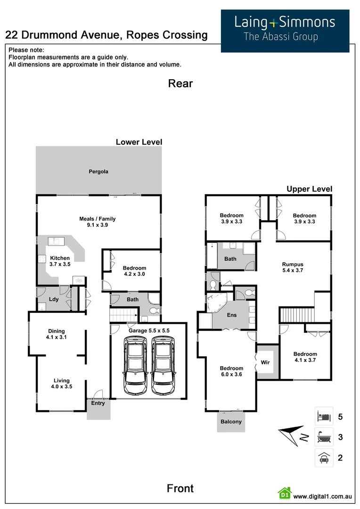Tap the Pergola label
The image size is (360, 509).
click(98, 172)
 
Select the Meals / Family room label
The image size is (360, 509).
click(97, 222)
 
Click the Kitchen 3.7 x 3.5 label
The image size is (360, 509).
click(60, 261)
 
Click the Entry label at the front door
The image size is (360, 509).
click(98, 403)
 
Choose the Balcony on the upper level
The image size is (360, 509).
click(231, 421)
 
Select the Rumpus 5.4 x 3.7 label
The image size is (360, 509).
click(293, 268)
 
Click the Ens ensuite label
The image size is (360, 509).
click(232, 315)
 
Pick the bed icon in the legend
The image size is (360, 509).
click(324, 417)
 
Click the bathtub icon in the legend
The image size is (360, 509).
click(324, 437)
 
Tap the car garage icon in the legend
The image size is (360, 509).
click(324, 457)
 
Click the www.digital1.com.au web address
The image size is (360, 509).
click(323, 496)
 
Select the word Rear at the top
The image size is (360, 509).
click(180, 84)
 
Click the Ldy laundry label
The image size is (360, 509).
click(53, 299)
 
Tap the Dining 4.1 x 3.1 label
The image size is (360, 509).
click(57, 334)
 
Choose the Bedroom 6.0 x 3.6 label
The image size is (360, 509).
click(231, 371)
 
